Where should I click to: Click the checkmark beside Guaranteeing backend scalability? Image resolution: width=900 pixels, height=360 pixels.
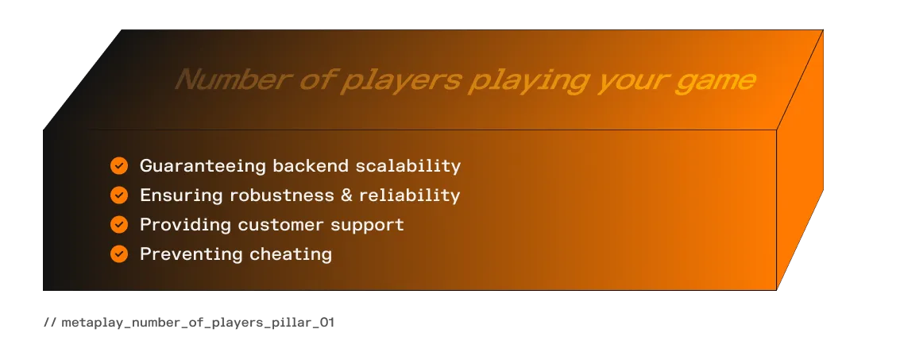pyautogui.click(x=119, y=166)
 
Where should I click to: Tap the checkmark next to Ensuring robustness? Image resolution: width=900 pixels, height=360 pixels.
pyautogui.click(x=119, y=195)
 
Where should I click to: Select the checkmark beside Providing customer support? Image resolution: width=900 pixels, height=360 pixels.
pyautogui.click(x=119, y=225)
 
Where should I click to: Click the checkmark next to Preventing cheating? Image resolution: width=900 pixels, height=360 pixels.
pyautogui.click(x=119, y=254)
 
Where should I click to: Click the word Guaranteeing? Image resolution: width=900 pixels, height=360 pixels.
pyautogui.click(x=203, y=166)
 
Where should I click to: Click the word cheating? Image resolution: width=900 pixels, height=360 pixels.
pyautogui.click(x=291, y=254)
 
